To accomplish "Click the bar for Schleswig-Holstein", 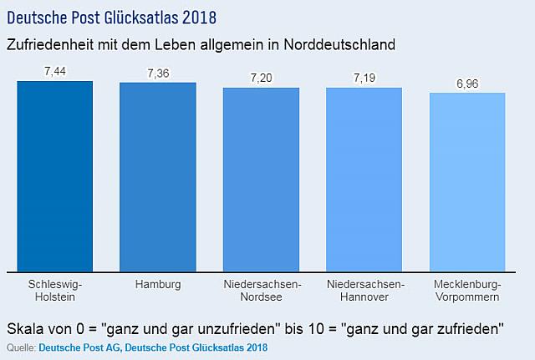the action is [x=55, y=176].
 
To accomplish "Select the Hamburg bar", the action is [x=158, y=177].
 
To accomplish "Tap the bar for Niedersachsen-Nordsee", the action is [x=262, y=180].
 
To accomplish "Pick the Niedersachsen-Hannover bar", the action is [x=364, y=180].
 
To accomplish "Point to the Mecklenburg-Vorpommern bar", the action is [x=467, y=182].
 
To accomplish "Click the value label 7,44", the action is [x=55, y=71].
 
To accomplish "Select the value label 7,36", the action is [x=158, y=74].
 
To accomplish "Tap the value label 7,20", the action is [x=262, y=78].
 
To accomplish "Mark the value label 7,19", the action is [x=364, y=78].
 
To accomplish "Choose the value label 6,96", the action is [x=467, y=84].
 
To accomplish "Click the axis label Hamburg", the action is [x=158, y=285].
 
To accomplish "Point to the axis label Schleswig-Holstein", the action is [x=55, y=291].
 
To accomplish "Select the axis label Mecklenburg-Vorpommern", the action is [x=467, y=291].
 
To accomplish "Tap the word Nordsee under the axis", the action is [x=262, y=297].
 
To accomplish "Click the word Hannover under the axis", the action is [x=364, y=297].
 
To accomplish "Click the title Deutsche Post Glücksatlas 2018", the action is [x=111, y=18].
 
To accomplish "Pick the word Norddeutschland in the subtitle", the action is [x=339, y=45].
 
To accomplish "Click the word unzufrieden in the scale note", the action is [x=237, y=329].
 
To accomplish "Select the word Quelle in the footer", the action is [x=21, y=347].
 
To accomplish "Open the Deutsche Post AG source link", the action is [x=80, y=347].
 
